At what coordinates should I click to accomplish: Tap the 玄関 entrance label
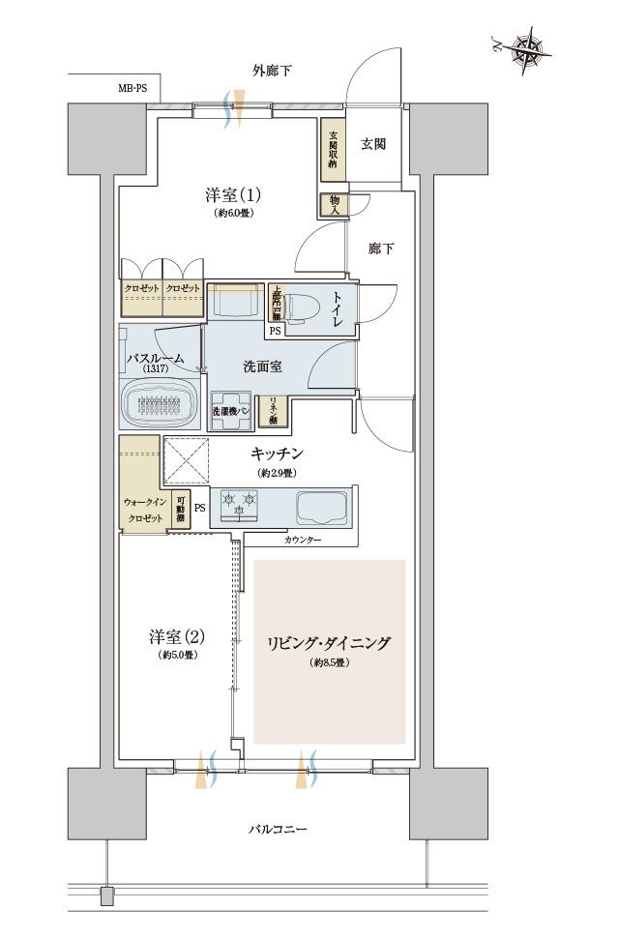pos(374,144)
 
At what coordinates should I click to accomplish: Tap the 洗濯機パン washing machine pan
pos(232,406)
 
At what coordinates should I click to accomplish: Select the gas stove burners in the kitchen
pos(239,503)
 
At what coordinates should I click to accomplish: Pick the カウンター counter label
pos(304,540)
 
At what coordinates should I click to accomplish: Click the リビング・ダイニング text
pos(329,642)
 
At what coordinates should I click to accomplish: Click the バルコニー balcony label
pos(277,829)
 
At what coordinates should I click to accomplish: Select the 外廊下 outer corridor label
pos(272,71)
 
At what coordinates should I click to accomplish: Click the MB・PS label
pos(132,88)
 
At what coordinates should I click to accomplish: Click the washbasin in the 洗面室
pos(235,302)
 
